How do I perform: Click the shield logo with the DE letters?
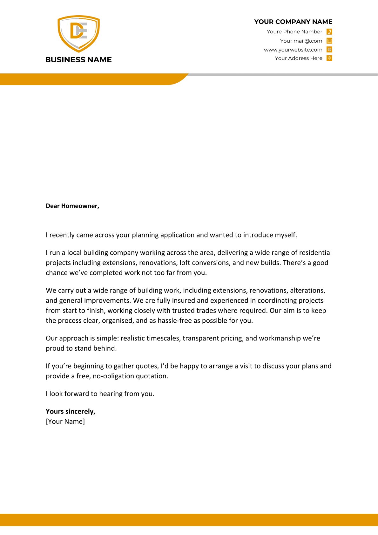coord(78,33)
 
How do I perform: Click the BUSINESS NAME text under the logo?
coord(78,60)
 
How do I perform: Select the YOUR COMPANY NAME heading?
coord(293,22)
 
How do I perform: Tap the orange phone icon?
coord(329,31)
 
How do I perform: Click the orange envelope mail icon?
coord(329,41)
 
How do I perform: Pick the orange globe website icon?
coord(329,50)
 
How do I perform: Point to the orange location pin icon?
coord(329,58)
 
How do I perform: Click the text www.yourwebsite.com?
coord(293,50)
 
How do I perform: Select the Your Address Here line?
coord(298,58)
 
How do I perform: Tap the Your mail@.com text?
coord(301,41)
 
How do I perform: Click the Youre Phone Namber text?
coord(294,31)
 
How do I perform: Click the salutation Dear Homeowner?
coord(72,206)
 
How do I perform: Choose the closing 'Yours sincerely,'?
coord(71,411)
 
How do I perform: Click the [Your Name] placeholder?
coord(65,422)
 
